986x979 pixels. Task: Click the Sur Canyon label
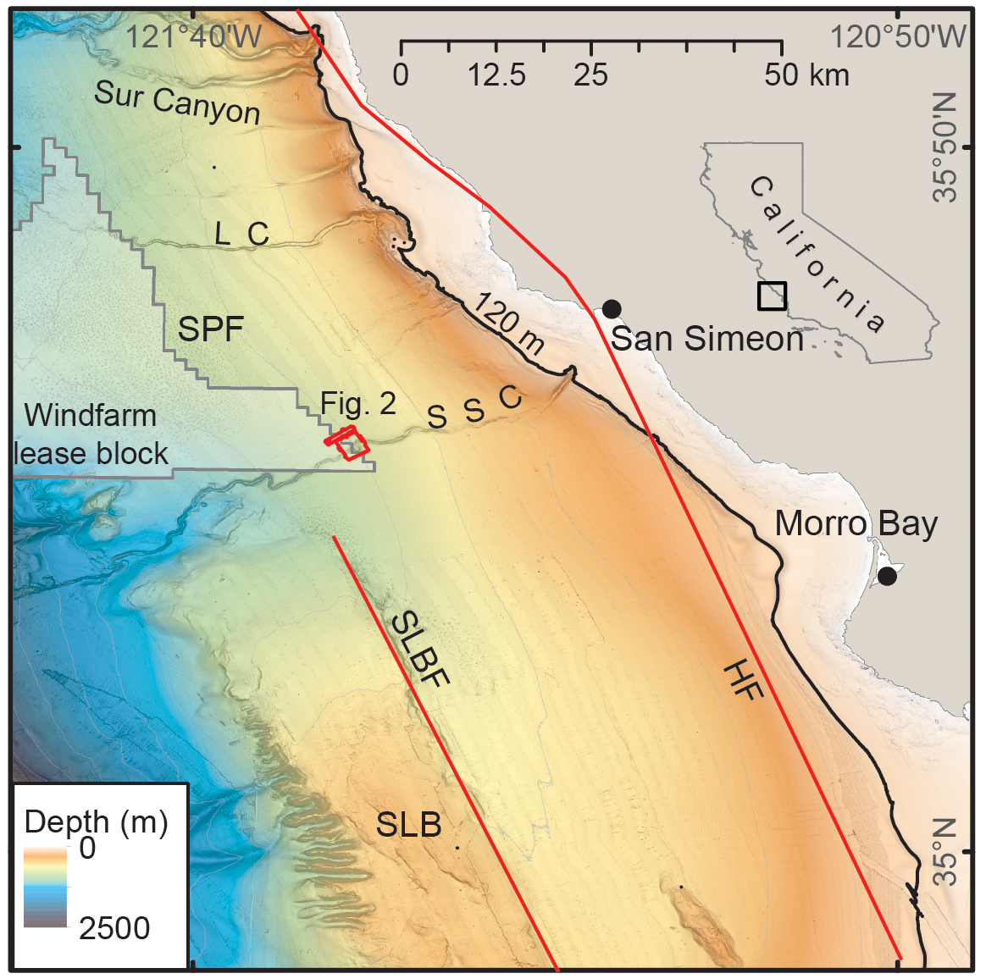[177, 102]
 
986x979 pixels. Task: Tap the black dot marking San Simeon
[612, 309]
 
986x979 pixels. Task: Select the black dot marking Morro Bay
[887, 577]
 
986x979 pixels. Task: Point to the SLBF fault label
[420, 649]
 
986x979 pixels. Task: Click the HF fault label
[744, 682]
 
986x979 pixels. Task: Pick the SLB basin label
[408, 824]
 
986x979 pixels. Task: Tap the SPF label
[211, 329]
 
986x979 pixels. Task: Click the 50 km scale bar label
[806, 75]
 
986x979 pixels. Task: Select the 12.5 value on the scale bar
[497, 75]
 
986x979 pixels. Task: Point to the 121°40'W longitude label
[194, 36]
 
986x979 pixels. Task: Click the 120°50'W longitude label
[898, 36]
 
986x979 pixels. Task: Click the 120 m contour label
[509, 324]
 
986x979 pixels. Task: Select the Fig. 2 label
[358, 404]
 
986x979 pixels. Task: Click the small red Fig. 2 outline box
[349, 443]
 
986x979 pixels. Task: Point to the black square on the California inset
[772, 296]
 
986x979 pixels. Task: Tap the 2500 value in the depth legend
[114, 928]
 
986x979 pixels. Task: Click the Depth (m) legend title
[96, 821]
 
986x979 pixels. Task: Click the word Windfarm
[91, 416]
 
